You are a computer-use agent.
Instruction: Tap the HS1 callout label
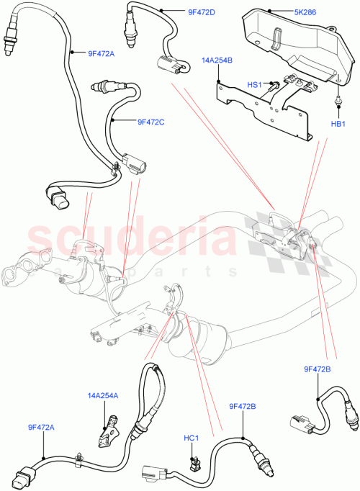click(x=256, y=84)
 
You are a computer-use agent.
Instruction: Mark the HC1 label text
click(x=191, y=438)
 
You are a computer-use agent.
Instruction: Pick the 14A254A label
click(x=104, y=395)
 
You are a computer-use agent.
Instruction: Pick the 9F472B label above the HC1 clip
click(x=242, y=407)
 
